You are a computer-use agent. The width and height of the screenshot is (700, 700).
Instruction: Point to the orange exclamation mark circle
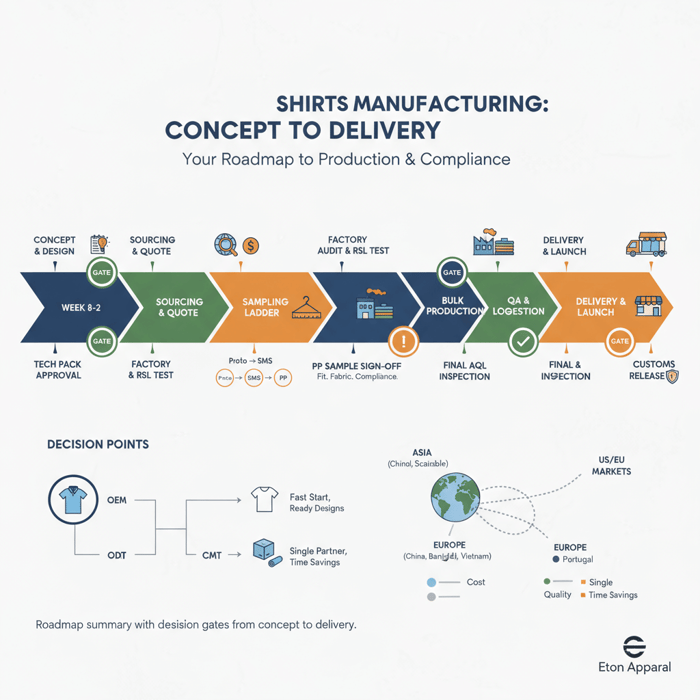(404, 342)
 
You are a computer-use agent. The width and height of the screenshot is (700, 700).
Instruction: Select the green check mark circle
(522, 342)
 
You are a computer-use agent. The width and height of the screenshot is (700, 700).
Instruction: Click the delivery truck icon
(645, 244)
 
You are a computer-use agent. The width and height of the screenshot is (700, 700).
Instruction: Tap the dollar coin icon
(250, 245)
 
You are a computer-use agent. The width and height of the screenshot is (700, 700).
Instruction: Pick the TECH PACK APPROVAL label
(57, 370)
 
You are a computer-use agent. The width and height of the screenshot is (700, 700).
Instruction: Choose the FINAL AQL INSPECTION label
(464, 370)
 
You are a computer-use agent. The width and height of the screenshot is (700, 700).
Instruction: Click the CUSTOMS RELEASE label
(652, 370)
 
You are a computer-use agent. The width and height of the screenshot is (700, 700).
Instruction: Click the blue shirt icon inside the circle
(74, 499)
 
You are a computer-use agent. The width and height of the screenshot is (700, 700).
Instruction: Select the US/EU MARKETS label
(610, 465)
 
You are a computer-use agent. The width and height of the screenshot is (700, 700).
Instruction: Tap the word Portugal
(578, 559)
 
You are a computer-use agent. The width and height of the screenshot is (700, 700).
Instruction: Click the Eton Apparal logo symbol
(634, 647)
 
